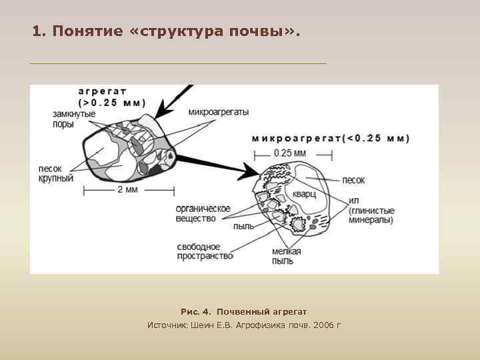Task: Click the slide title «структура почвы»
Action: click(x=166, y=31)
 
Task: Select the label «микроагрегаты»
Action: click(x=219, y=113)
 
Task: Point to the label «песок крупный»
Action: click(x=56, y=174)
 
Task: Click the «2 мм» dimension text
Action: click(x=127, y=190)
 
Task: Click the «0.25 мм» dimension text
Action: click(x=290, y=153)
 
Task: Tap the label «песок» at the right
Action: click(x=353, y=180)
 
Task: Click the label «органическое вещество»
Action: click(x=203, y=213)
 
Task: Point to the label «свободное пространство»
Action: click(x=205, y=251)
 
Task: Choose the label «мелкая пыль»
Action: click(x=287, y=256)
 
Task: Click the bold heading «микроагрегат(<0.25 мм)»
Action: click(x=331, y=139)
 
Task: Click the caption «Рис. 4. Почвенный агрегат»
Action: click(x=243, y=311)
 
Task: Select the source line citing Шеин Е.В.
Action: click(x=243, y=325)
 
